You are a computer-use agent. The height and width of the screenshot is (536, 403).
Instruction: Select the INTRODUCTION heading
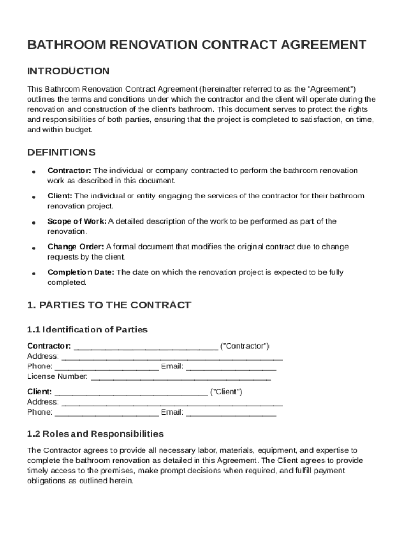68,71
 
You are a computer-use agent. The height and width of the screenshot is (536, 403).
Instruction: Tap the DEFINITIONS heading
61,153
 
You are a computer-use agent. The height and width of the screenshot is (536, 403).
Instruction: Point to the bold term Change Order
76,247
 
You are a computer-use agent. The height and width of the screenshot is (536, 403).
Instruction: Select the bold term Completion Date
81,272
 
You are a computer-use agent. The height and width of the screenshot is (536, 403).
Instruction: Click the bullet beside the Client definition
33,197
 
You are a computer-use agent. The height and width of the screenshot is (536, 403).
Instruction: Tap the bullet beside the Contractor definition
33,172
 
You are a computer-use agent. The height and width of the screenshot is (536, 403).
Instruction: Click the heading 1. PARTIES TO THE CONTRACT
109,305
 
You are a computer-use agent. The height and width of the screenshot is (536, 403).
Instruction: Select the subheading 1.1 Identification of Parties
87,330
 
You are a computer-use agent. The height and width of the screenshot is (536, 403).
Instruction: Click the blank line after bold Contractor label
145,347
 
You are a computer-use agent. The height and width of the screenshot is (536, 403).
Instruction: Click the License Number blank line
181,377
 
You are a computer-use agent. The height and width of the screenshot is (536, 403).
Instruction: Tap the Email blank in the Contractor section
231,367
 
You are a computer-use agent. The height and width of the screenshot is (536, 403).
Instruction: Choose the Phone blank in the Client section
106,412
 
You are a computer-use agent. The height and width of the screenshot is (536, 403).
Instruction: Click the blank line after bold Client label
131,392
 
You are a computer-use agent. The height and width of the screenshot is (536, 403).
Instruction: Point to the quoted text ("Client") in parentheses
226,392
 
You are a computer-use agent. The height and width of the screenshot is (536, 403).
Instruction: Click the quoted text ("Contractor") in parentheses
245,347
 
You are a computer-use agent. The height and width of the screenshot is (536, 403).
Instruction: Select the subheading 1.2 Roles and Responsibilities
95,434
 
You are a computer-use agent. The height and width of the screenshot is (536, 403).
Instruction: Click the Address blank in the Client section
172,403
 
